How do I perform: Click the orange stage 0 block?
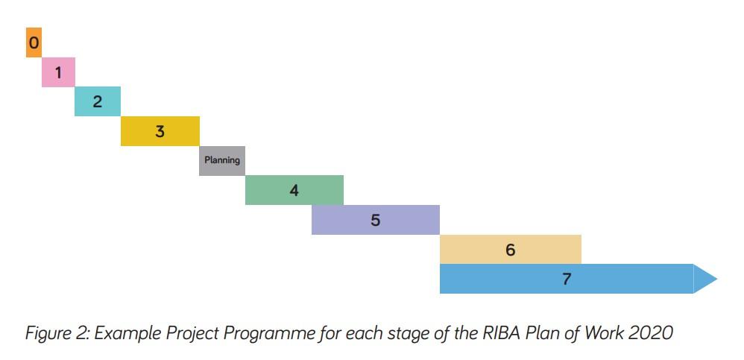point(34,42)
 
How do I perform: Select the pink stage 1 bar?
point(58,72)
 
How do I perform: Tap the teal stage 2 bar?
point(98,101)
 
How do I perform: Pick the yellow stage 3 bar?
point(160,131)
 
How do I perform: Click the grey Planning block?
point(222,160)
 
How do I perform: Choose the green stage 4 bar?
point(294,190)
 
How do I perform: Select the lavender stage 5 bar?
point(376,220)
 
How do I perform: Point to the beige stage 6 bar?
point(511,250)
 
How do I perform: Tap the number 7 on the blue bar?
point(567,280)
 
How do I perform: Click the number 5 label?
point(376,221)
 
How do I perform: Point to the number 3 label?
point(160,132)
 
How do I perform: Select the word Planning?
point(222,160)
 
